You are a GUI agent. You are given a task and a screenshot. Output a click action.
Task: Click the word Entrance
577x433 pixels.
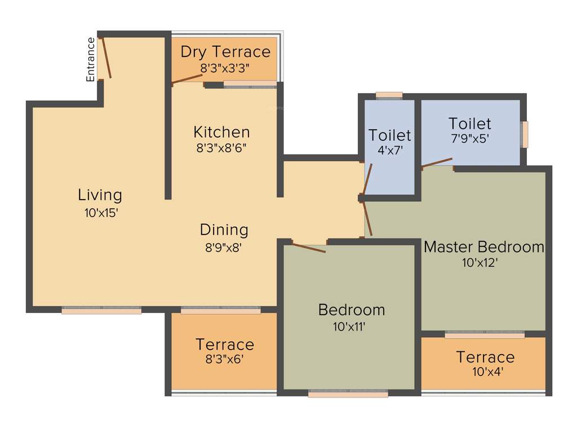click(91, 59)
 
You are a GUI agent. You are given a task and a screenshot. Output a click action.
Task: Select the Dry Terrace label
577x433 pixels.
click(225, 52)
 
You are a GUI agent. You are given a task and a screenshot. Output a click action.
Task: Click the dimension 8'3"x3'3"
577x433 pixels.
click(225, 68)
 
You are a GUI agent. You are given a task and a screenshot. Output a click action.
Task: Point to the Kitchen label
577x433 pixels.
click(221, 132)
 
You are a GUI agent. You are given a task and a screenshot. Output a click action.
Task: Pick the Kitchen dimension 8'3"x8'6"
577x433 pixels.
click(221, 148)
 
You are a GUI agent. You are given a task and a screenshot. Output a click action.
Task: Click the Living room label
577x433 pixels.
click(100, 196)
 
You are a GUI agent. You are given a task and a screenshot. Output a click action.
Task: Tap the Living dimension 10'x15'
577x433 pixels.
click(100, 213)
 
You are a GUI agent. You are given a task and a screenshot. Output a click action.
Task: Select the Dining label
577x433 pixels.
click(224, 230)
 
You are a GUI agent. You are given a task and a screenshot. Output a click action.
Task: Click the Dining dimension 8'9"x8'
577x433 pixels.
click(224, 246)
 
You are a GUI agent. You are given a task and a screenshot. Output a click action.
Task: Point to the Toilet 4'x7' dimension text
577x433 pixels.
click(390, 151)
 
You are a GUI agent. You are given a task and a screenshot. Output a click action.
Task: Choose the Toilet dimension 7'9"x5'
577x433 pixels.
click(469, 139)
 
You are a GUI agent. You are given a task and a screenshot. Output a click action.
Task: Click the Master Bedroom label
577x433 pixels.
click(484, 247)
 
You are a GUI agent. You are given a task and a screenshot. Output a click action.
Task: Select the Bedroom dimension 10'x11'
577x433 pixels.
click(351, 326)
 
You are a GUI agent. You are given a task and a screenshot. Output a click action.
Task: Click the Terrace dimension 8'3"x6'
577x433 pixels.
click(224, 360)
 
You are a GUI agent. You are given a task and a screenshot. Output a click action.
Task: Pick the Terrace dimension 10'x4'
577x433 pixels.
click(485, 372)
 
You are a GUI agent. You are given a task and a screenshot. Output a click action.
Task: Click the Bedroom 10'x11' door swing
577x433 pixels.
click(308, 248)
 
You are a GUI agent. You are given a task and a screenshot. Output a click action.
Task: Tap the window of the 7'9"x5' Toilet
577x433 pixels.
click(525, 134)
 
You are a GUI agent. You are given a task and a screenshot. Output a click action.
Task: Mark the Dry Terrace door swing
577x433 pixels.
click(187, 79)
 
